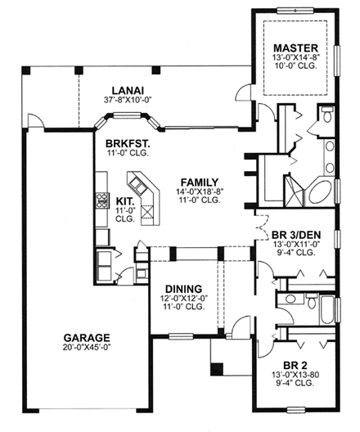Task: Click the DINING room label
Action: (184, 288)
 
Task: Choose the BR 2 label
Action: (295, 367)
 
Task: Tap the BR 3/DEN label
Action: (297, 232)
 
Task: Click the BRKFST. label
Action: (121, 142)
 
